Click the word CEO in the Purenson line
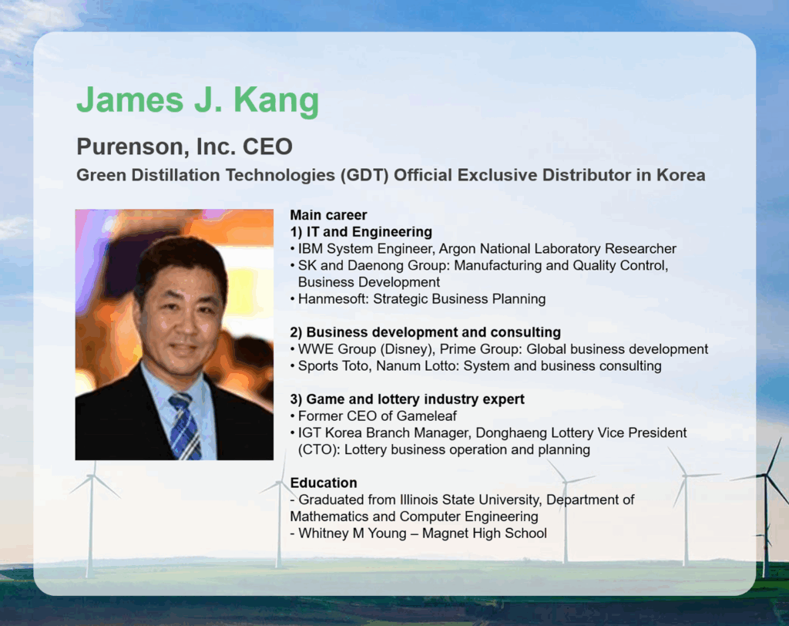click(x=267, y=146)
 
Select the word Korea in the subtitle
click(x=681, y=175)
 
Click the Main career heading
click(x=328, y=215)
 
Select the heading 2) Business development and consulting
click(x=425, y=332)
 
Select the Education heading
click(x=324, y=483)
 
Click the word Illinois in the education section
click(x=419, y=500)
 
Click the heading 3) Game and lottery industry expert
click(x=408, y=399)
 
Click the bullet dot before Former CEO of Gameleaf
click(x=292, y=416)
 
